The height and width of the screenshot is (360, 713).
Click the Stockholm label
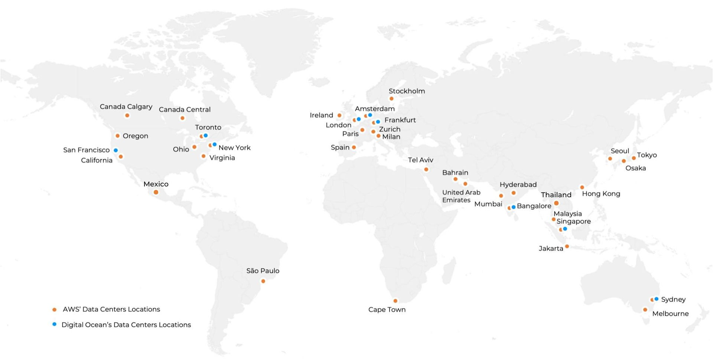pyautogui.click(x=407, y=91)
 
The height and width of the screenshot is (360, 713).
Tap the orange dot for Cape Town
pyautogui.click(x=395, y=301)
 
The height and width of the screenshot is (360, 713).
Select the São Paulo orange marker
pyautogui.click(x=263, y=281)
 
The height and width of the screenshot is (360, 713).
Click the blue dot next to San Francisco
pyautogui.click(x=116, y=150)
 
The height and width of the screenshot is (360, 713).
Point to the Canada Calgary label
pyautogui.click(x=126, y=107)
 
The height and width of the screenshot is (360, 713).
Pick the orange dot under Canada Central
pyautogui.click(x=182, y=118)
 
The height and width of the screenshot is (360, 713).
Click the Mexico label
pyautogui.click(x=156, y=184)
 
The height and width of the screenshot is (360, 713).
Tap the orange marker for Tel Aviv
pyautogui.click(x=426, y=169)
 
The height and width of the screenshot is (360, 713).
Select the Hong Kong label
pyautogui.click(x=601, y=194)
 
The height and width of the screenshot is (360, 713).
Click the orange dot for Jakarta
pyautogui.click(x=567, y=246)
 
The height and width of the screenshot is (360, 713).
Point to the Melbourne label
pyautogui.click(x=670, y=314)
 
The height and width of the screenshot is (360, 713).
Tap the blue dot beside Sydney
pyautogui.click(x=657, y=299)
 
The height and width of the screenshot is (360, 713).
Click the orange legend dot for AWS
pyautogui.click(x=55, y=310)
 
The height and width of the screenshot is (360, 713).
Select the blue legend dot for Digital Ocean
pyautogui.click(x=55, y=324)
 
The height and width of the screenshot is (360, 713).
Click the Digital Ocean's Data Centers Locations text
pyautogui.click(x=126, y=325)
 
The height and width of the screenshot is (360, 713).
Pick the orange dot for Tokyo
pyautogui.click(x=634, y=158)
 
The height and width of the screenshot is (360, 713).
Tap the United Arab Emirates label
pyautogui.click(x=461, y=196)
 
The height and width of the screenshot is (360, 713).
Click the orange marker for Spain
pyautogui.click(x=354, y=147)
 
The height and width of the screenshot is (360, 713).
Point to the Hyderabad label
pyautogui.click(x=518, y=184)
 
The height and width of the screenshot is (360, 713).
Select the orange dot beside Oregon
pyautogui.click(x=118, y=136)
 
